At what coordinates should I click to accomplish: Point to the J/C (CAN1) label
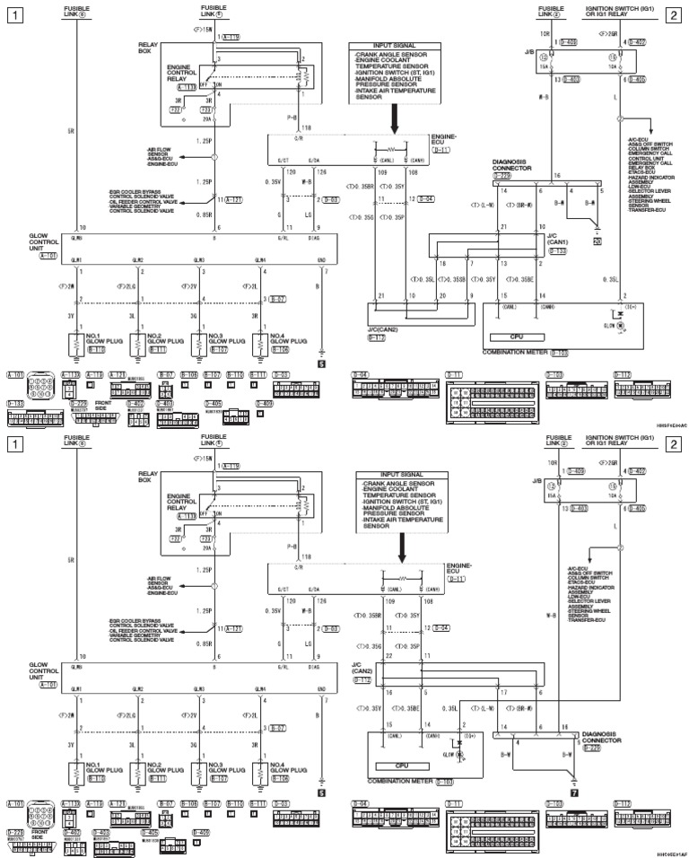point(555,238)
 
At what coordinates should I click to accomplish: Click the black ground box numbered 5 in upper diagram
point(321,364)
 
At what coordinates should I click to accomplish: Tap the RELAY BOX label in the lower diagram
point(147,477)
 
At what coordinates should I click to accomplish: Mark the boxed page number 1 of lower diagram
point(13,444)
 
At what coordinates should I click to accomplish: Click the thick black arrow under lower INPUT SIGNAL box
point(401,544)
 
